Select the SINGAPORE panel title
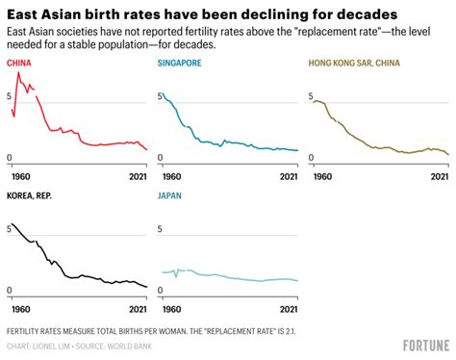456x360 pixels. (x=178, y=64)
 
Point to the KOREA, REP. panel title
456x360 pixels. (x=32, y=196)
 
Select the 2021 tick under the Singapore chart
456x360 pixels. (x=286, y=177)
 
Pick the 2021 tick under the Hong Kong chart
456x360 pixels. (x=438, y=177)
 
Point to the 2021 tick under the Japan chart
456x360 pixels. (x=286, y=309)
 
